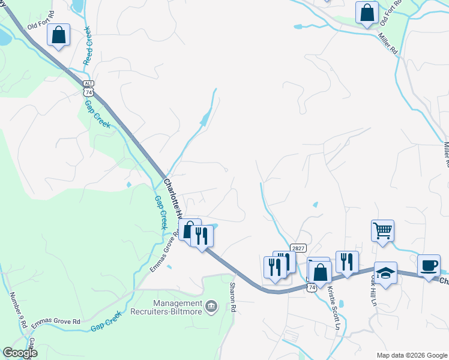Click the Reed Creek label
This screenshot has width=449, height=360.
pos(87,44)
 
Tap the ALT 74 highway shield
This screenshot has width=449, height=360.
pos(88,88)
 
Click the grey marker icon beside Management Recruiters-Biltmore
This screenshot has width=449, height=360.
pos(211,307)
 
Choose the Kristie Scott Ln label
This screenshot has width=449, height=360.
pos(334,308)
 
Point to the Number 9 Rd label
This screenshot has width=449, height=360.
pos(17,310)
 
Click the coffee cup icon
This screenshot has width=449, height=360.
pos(429,266)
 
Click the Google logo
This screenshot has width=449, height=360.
pos(20,353)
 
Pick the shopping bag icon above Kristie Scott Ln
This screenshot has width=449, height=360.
pos(321,271)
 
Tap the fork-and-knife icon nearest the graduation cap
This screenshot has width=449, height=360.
pos(347,261)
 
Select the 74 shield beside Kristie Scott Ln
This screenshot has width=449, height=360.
pos(311,288)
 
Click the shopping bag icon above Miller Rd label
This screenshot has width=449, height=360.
pos(367,13)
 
